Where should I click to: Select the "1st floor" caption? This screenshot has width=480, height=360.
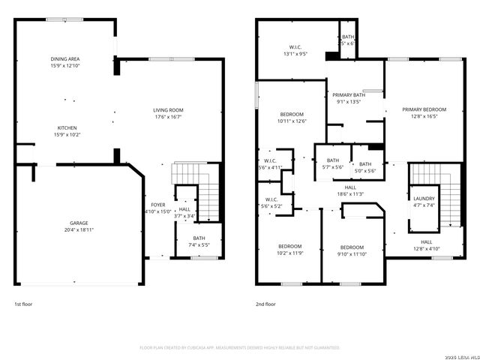point(23,304)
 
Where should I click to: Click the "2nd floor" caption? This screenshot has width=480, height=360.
point(265,304)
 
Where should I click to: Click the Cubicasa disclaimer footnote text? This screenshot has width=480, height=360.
point(240,347)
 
